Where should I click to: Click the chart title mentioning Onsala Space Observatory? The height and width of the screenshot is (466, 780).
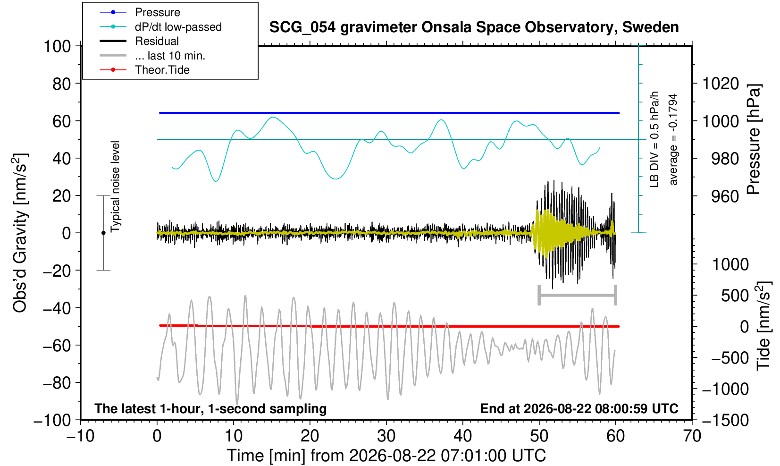pos(474,27)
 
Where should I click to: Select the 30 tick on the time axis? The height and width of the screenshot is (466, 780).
pos(386,436)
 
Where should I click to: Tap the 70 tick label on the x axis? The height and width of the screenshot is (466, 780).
pos(692,436)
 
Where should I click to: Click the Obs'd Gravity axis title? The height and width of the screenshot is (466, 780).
pos(20,233)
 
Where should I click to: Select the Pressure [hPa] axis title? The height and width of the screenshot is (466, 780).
pos(754,139)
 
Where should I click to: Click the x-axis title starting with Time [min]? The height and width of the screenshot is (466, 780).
pos(386,456)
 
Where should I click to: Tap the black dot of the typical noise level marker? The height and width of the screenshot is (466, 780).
pos(103,233)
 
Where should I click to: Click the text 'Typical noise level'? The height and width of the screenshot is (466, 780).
pos(115,186)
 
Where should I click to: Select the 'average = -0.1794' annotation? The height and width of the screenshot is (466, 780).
pos(673,139)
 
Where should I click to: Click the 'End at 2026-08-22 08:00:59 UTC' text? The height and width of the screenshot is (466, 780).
pos(579,408)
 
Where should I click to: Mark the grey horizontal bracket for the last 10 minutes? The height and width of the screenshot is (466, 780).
pos(578,295)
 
